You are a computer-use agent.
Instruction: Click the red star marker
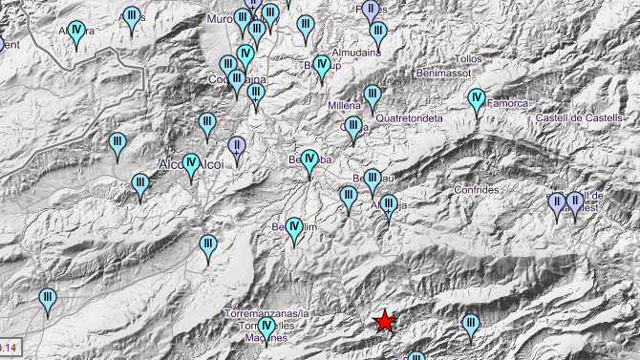(385, 322)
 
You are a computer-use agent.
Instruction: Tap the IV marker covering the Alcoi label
(191, 165)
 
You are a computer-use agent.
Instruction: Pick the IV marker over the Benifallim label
(294, 229)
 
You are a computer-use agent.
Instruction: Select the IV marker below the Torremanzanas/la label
(267, 329)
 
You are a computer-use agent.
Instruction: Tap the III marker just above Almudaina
(378, 34)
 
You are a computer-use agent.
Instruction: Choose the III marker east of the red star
(470, 327)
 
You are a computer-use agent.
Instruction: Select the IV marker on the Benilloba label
(309, 161)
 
